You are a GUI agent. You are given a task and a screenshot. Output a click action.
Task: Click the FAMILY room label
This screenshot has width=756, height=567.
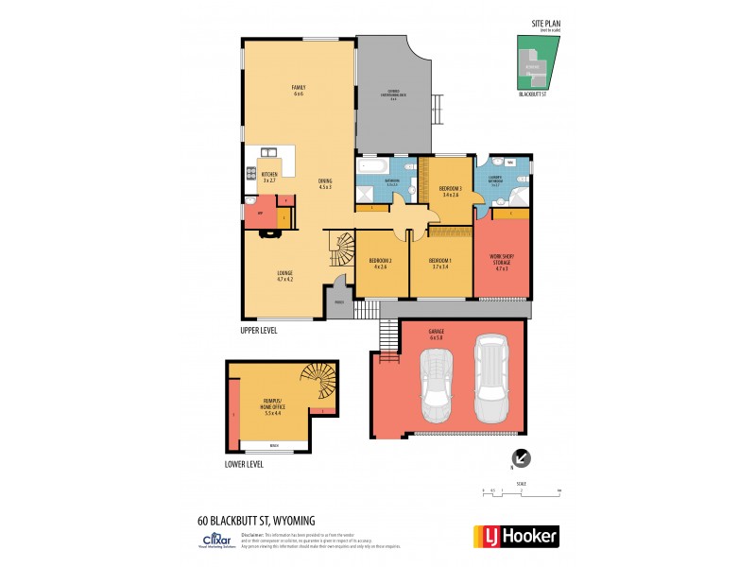click(298, 91)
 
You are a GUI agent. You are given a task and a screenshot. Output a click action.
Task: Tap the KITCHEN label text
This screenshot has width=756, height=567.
click(269, 176)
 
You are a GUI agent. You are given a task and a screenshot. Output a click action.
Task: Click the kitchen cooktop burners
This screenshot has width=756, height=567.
click(251, 173)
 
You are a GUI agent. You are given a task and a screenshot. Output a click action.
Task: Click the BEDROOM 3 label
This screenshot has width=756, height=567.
click(450, 191)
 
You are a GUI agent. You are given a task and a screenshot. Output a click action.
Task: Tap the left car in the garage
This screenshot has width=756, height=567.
click(438, 385)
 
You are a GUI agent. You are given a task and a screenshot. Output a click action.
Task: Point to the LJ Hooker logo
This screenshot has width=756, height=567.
click(514, 536)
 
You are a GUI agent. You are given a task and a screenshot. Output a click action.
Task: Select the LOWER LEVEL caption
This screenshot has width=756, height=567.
click(244, 464)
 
